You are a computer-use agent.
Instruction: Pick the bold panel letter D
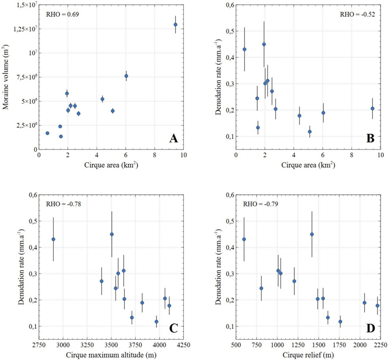370,329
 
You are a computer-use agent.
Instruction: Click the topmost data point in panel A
175,24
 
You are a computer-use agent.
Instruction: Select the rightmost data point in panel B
372,109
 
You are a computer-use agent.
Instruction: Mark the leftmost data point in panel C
53,239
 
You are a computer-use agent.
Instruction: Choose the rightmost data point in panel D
377,306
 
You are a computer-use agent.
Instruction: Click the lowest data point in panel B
309,132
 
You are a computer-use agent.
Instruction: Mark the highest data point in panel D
312,234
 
